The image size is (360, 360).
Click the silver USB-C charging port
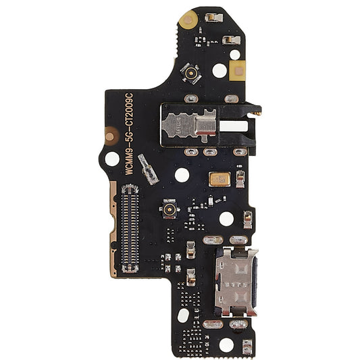[x=236, y=282]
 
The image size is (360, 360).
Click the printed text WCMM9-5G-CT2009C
[x=129, y=134]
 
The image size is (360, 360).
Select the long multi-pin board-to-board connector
[x=130, y=228]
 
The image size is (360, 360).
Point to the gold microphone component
[x=220, y=179]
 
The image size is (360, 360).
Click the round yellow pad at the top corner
[x=188, y=20]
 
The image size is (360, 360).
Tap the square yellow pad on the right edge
[x=237, y=71]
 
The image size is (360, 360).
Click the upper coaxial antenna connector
[x=190, y=73]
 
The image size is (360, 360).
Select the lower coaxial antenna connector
[x=170, y=209]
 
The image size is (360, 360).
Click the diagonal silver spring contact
[x=148, y=170]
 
